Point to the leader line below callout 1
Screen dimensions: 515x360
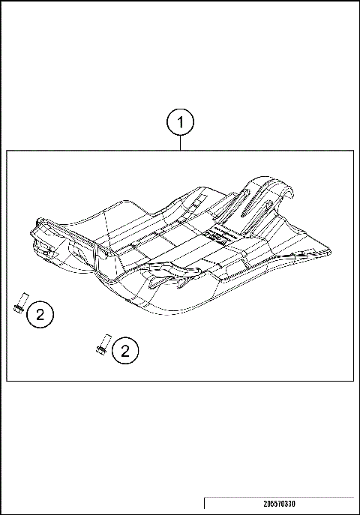coord(181,143)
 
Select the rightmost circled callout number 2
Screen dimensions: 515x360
coord(125,349)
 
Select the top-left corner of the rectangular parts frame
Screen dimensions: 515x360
coord(7,151)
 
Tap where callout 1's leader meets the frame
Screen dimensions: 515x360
coord(181,151)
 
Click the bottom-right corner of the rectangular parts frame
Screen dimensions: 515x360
coord(353,381)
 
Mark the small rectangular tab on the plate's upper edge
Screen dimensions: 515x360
coord(194,201)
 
